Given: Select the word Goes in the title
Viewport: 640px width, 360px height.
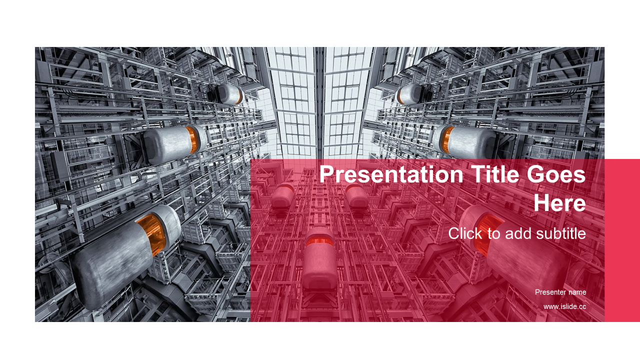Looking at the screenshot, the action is [x=556, y=174].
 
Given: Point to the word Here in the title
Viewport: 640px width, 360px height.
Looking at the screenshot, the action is [x=559, y=202].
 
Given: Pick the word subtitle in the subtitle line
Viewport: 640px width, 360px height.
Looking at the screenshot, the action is [x=561, y=233].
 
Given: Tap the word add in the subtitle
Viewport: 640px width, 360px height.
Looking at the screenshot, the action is [x=518, y=233].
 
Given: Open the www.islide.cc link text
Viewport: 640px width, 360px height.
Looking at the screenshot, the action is [x=564, y=306].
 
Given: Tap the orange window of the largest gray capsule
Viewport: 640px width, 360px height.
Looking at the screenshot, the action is [x=151, y=233].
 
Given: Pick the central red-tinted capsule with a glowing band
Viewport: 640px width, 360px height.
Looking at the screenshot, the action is [x=319, y=258].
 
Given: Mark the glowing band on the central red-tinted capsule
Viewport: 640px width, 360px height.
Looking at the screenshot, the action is [x=319, y=241].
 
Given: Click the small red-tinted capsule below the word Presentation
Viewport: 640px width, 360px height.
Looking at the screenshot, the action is [x=282, y=196].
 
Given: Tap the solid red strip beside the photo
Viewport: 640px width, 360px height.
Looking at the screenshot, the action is [x=622, y=240].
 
